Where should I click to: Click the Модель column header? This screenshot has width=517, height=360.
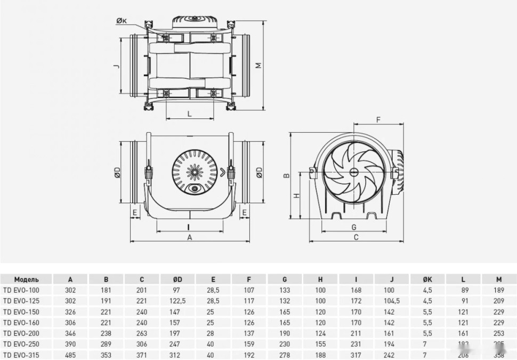pos(26,279)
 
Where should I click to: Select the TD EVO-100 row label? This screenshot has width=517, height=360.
pos(21,290)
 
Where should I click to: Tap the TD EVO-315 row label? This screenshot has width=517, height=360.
pos(21,355)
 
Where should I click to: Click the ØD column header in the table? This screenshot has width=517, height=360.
pos(177,279)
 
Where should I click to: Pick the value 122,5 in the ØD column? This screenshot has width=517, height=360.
pos(177,301)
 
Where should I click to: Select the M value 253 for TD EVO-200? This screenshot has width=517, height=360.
pos(498,333)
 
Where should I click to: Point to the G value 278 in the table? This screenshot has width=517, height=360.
pos(285,355)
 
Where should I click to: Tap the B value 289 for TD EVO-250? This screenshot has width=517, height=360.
pos(106,345)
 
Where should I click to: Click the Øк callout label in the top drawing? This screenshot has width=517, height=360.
pos(121,21)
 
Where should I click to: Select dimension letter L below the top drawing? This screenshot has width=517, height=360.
pos(190,114)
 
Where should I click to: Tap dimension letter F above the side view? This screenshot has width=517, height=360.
pos(378,119)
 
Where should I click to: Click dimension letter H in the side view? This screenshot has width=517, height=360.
pos(297,195)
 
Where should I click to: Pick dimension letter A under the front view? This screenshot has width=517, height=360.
pos(189,238)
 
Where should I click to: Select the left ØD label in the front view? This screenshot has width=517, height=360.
pos(117,172)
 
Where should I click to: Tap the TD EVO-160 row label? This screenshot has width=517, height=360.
pos(21,323)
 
